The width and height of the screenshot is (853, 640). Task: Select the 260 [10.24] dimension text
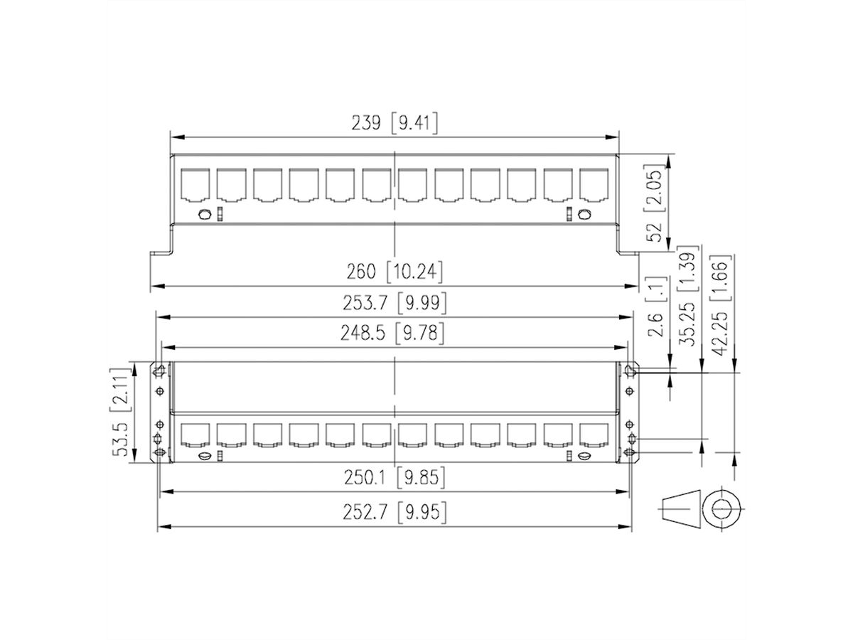pyautogui.click(x=395, y=272)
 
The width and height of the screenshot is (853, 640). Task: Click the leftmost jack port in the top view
pyautogui.click(x=195, y=185)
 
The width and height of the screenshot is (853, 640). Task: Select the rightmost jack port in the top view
pyautogui.click(x=594, y=185)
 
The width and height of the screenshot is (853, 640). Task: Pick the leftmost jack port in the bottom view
pyautogui.click(x=195, y=435)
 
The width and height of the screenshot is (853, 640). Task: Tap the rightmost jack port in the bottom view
pyautogui.click(x=594, y=435)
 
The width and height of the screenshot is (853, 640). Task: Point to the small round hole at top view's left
pyautogui.click(x=205, y=215)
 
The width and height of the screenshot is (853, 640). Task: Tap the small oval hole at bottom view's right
pyautogui.click(x=584, y=455)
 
